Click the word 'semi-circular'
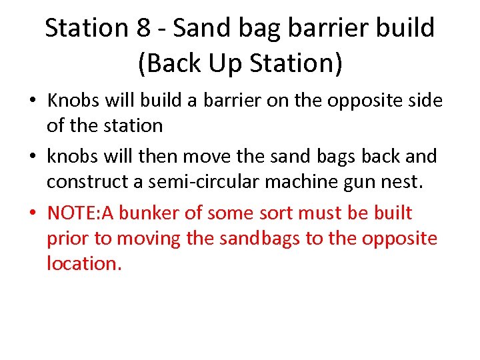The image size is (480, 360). point(207,181)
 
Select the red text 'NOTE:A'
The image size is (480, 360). point(78,213)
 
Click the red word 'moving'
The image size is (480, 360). point(144,239)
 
